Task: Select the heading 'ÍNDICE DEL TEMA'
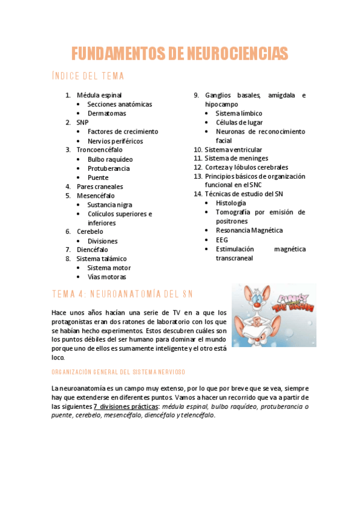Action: click(96, 76)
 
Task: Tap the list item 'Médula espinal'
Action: click(99, 95)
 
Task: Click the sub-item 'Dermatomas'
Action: click(107, 113)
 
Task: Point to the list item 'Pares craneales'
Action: click(100, 186)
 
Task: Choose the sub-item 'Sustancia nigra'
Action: click(110, 204)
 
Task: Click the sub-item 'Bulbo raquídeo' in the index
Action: click(111, 159)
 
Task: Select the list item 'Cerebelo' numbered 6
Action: click(90, 232)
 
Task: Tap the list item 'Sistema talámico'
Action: click(102, 259)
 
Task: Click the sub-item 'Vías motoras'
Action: click(107, 277)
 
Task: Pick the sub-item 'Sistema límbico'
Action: click(239, 113)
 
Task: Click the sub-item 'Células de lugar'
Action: click(240, 122)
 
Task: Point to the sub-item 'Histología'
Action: click(231, 203)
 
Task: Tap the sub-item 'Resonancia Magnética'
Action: click(249, 230)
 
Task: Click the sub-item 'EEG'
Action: click(222, 239)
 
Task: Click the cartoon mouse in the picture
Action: click(258, 319)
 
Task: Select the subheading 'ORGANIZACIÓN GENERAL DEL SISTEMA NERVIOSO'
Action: click(119, 372)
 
